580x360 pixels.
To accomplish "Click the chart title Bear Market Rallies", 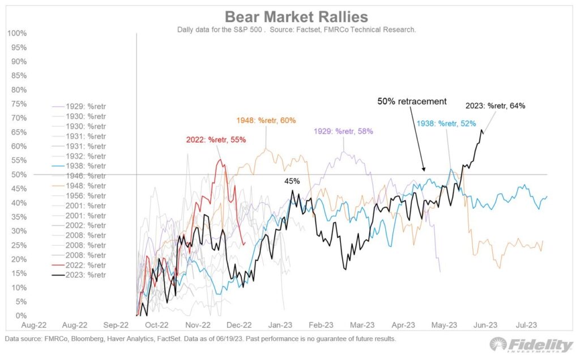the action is pos(296,17).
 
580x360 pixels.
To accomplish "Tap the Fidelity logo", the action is pos(531,345).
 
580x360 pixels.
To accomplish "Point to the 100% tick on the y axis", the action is pos(17,33).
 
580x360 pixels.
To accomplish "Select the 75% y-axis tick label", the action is pos(19,104).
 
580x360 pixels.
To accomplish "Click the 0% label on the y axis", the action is pos(21,316).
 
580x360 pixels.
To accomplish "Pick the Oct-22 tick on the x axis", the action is pos(156,325).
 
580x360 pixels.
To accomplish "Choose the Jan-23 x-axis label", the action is pos(280,325).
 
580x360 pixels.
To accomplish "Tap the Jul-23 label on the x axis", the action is pos(526,325).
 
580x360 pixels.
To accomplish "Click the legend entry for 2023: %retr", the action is pos(79,275).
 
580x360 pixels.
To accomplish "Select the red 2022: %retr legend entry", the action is pos(79,265).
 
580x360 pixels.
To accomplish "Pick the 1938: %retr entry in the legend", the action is pos(79,166).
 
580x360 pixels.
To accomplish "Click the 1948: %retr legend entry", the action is pos(79,186).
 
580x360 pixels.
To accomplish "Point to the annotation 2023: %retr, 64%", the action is pos(495,106).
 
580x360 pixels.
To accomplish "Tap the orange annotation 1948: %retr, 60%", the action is pos(266,121).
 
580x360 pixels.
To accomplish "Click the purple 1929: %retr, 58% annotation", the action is pos(343,131).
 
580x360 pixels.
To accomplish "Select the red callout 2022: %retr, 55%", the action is pos(216,140).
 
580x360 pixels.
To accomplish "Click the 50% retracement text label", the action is pos(412,101).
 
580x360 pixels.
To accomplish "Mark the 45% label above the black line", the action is pos(292,181).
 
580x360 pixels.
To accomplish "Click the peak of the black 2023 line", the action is pos(481,130).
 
